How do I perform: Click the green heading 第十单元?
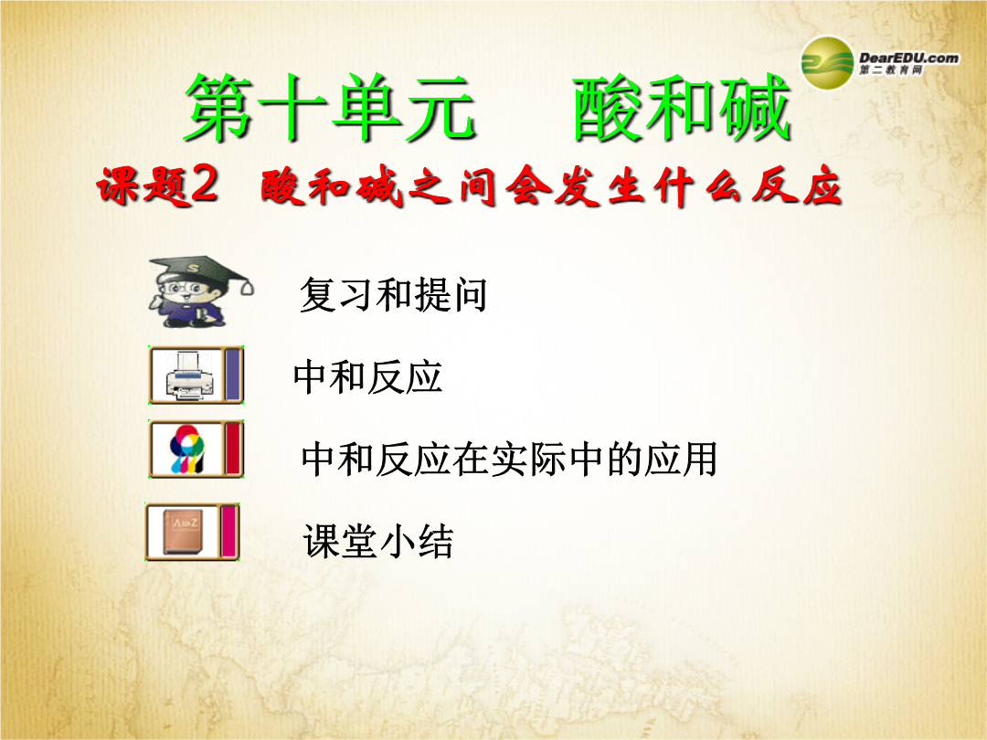(330, 107)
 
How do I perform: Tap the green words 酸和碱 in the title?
(682, 107)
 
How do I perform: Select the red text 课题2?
(157, 186)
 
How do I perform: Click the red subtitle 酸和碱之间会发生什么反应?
(551, 187)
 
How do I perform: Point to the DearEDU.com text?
(909, 58)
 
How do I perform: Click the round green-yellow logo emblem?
(827, 63)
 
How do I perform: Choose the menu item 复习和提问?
(393, 294)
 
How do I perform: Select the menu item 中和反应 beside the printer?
(368, 377)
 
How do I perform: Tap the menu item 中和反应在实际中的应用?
(509, 459)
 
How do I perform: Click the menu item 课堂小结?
(378, 541)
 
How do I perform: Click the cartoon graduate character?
(200, 292)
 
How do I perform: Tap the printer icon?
(188, 375)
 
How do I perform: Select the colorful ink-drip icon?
(187, 449)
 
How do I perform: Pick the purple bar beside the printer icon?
(233, 375)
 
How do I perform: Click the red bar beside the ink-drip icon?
(233, 449)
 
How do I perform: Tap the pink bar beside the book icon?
(229, 532)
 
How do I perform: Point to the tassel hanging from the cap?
(248, 287)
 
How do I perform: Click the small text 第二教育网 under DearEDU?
(890, 69)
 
